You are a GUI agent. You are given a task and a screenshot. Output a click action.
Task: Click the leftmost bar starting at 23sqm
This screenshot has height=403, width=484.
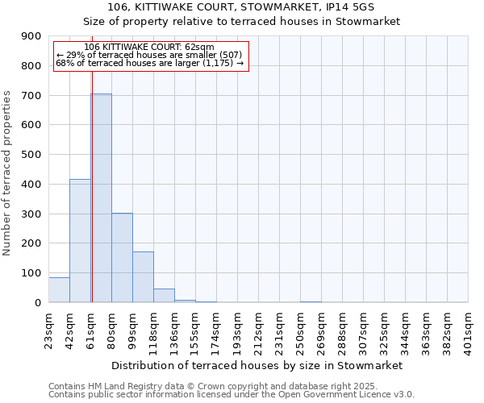click(x=59, y=289)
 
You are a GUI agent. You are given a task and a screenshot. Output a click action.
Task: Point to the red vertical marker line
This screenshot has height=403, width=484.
click(x=92, y=201)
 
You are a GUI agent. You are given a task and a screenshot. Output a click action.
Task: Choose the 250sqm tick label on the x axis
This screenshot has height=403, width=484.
click(x=301, y=330)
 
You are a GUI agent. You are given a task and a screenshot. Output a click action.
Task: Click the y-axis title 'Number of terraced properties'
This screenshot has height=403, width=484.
click(x=8, y=172)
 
